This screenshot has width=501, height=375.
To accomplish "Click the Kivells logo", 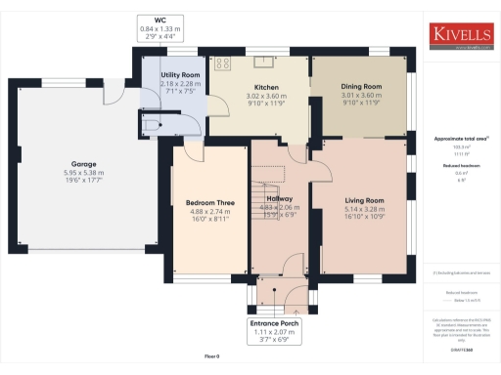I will coord(463,33).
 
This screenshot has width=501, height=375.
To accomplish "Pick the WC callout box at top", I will coord(160,29).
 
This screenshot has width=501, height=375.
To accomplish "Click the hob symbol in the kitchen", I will coord(222,64).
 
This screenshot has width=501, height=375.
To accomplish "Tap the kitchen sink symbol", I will coord(260,60).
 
